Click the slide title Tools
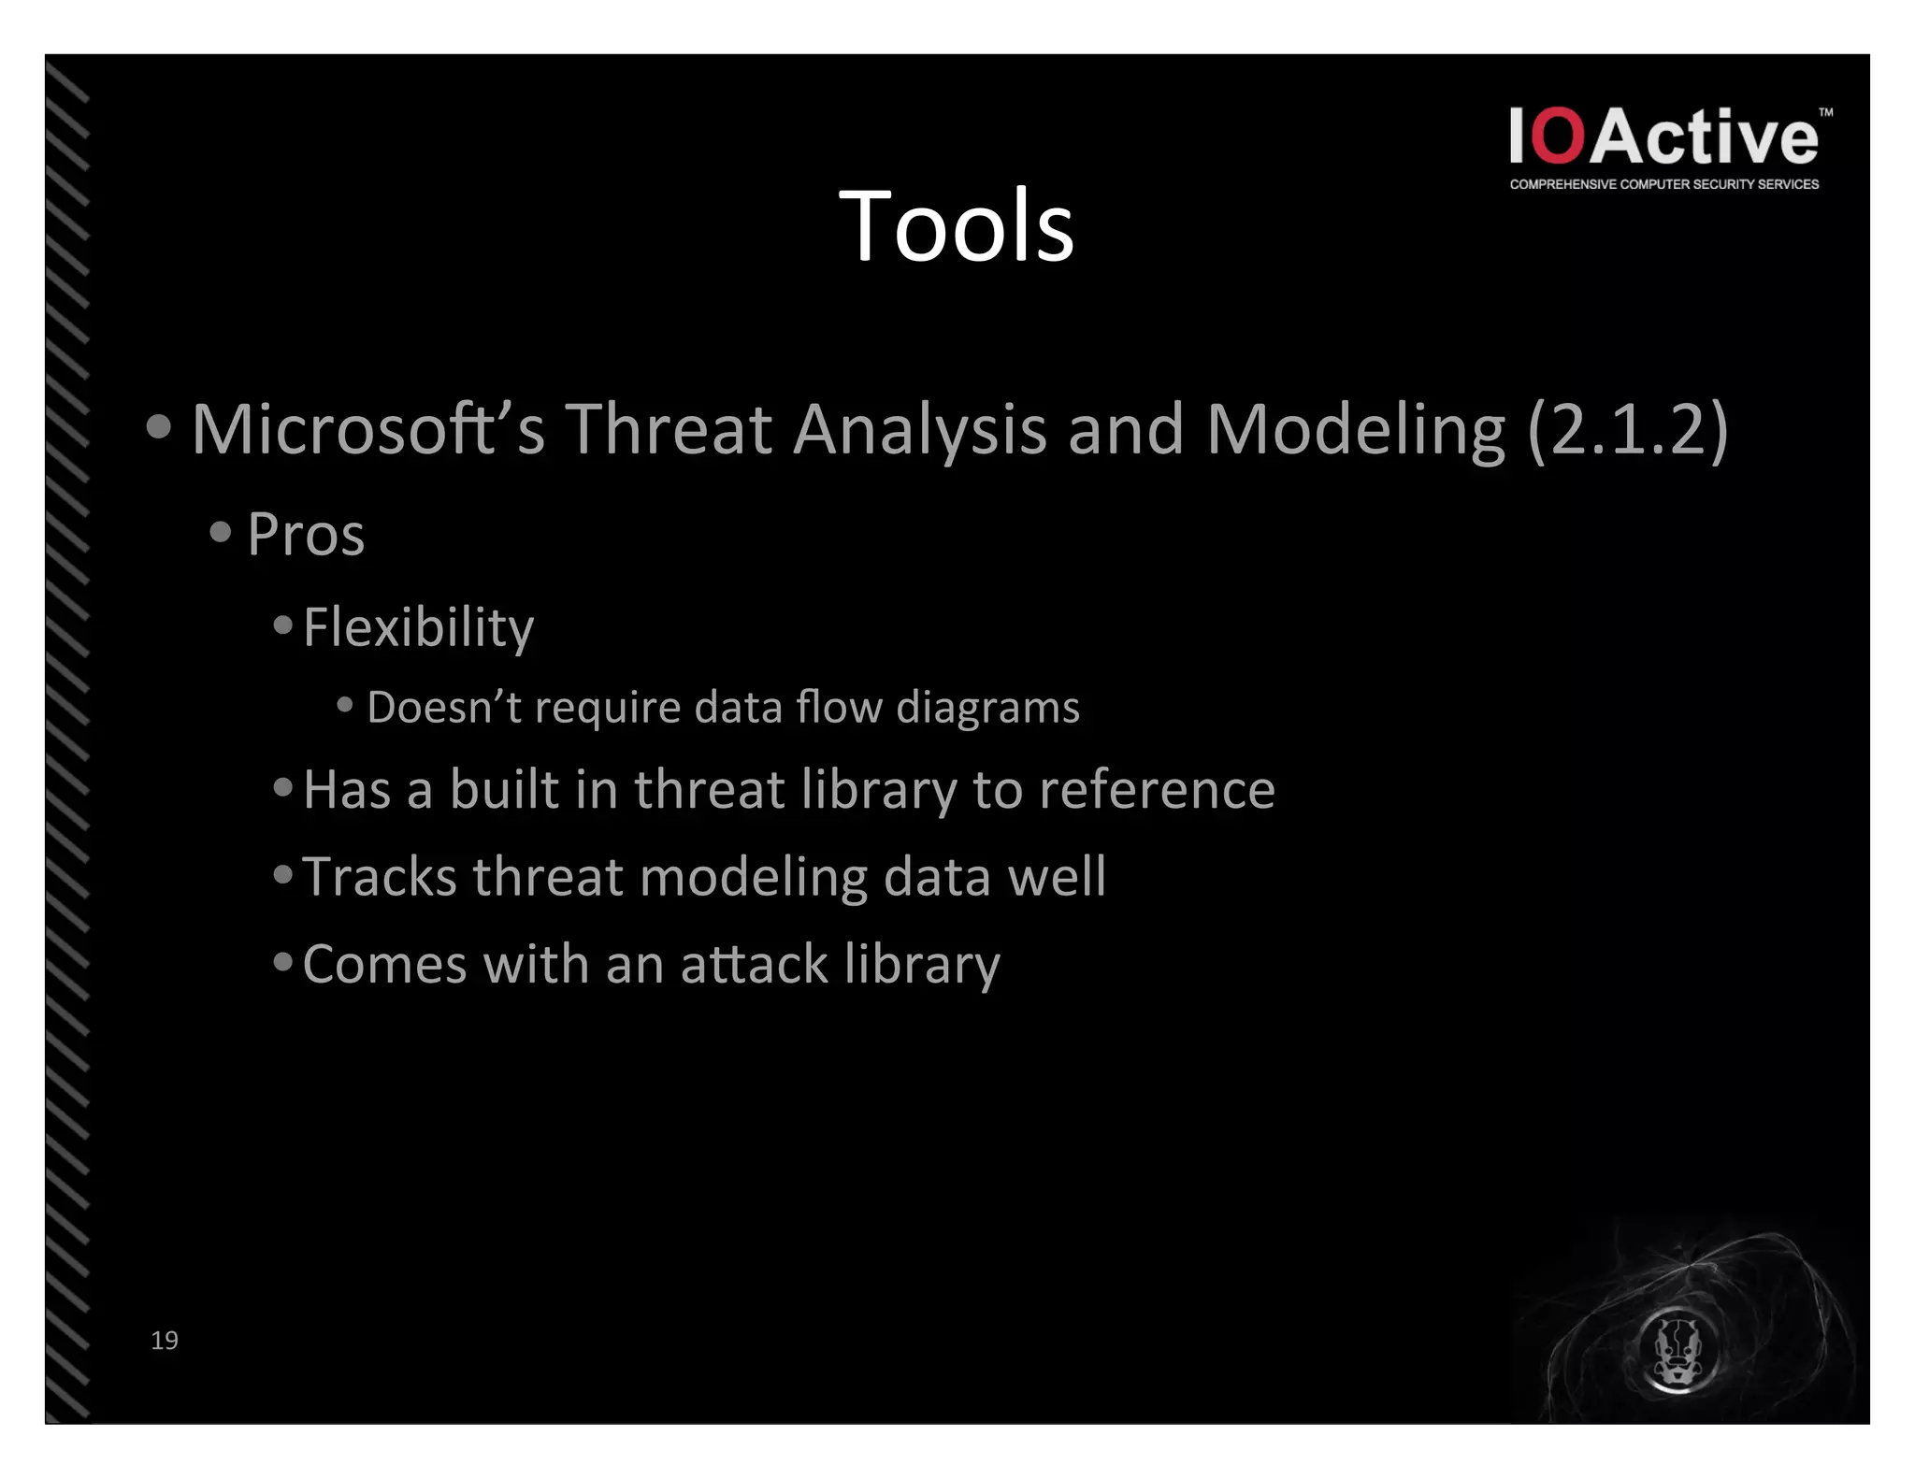[956, 226]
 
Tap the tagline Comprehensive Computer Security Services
[1663, 185]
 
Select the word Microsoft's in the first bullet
[367, 430]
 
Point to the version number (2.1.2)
[1627, 430]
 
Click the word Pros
[306, 535]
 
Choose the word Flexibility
[418, 627]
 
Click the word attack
[754, 964]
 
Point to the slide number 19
[165, 1341]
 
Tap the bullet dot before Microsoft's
[160, 427]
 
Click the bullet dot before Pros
[221, 532]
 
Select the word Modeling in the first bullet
[1356, 430]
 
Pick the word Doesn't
[443, 708]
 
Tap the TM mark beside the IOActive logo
[1825, 112]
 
